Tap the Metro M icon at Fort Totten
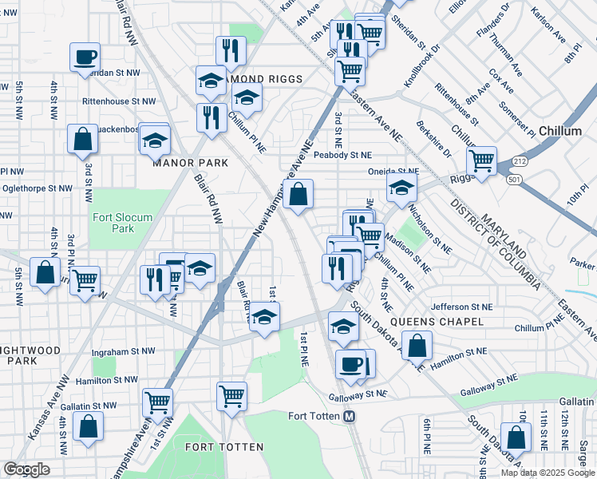pyautogui.click(x=349, y=417)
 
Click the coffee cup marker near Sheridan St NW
pyautogui.click(x=85, y=57)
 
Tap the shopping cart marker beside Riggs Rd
pyautogui.click(x=481, y=160)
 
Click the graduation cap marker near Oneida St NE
pyautogui.click(x=401, y=188)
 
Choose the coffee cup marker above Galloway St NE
pyautogui.click(x=351, y=364)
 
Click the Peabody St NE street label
pyautogui.click(x=342, y=155)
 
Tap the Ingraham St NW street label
pyautogui.click(x=125, y=351)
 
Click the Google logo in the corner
pyautogui.click(x=26, y=469)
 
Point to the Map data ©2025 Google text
pyautogui.click(x=547, y=473)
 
